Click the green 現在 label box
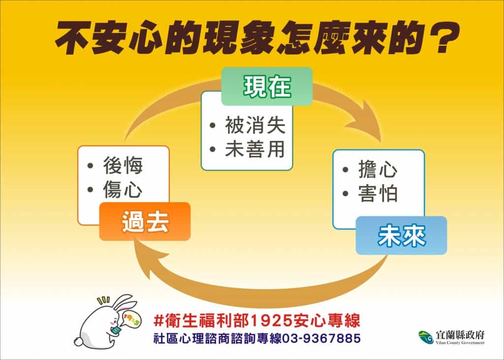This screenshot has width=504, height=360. [x=267, y=86]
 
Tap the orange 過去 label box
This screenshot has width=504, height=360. [x=145, y=221]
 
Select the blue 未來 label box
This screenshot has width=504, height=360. [x=402, y=236]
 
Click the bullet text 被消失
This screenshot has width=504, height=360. [x=255, y=125]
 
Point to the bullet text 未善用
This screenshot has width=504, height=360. [x=255, y=149]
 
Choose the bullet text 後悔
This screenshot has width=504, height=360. [x=123, y=165]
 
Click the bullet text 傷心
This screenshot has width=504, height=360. [x=123, y=189]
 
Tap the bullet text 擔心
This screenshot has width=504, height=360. [x=378, y=169]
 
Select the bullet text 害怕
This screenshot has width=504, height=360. [x=378, y=193]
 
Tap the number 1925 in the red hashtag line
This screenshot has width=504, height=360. [x=271, y=321]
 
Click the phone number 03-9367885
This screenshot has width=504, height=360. [x=321, y=338]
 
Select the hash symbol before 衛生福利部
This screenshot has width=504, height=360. [x=159, y=321]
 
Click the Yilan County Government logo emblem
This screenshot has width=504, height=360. [x=426, y=337]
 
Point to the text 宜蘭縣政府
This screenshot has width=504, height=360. [x=460, y=335]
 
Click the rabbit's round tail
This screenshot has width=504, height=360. [x=79, y=341]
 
